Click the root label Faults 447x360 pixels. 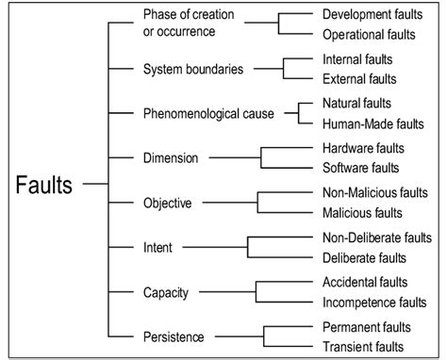pyautogui.click(x=43, y=183)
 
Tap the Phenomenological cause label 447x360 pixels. pyautogui.click(x=207, y=113)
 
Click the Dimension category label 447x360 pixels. pyautogui.click(x=170, y=157)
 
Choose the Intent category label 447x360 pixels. pyautogui.click(x=158, y=247)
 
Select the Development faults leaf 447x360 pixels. pyautogui.click(x=374, y=15)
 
